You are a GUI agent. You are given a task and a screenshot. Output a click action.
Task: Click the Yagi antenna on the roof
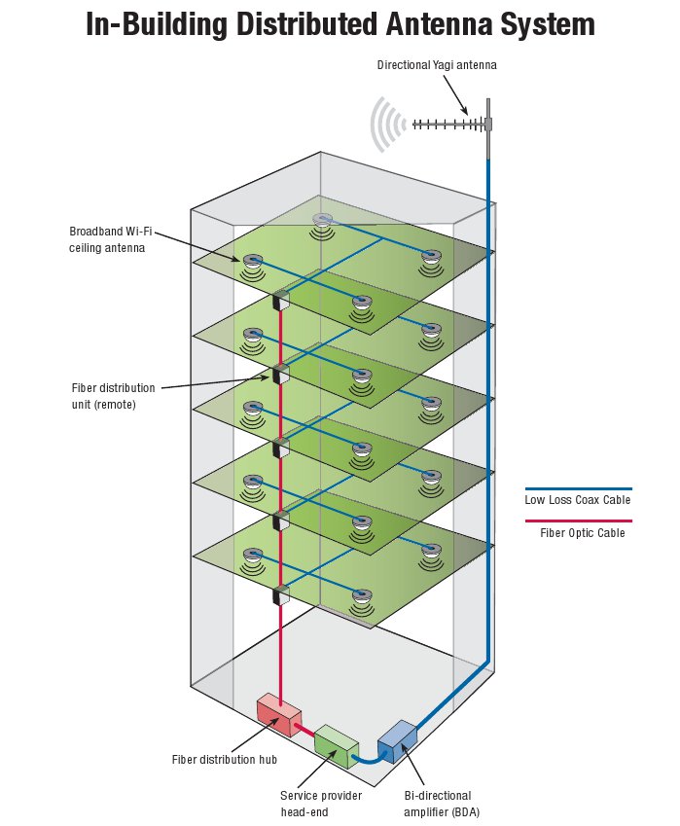450,124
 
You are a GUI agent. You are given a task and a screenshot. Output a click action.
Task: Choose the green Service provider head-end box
337,741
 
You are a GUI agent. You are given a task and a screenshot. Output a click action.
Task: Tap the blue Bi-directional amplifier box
396,740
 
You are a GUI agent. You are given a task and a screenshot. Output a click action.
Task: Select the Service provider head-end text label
321,804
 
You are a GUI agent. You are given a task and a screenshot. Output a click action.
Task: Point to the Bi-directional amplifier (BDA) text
442,804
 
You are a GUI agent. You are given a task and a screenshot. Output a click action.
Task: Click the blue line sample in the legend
578,488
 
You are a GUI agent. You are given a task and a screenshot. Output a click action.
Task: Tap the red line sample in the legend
578,521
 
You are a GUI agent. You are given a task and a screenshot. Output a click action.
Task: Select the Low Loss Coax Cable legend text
578,500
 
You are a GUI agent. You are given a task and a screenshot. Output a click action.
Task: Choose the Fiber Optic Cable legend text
582,533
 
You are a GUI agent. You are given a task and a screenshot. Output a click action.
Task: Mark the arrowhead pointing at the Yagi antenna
477,115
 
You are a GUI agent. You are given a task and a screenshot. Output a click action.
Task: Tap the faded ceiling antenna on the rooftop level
322,222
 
